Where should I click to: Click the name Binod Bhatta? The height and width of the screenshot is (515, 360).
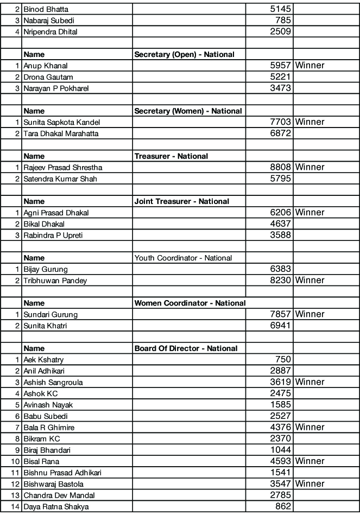(46, 9)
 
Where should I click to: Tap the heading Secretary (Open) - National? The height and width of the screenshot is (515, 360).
(184, 54)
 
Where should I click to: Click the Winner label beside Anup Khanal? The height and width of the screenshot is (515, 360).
(310, 66)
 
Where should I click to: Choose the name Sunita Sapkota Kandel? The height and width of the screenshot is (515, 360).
(61, 122)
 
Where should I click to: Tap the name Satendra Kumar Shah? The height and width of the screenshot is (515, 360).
(60, 179)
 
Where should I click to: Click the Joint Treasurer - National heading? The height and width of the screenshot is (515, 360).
(181, 201)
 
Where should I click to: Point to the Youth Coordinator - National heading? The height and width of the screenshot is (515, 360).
(183, 258)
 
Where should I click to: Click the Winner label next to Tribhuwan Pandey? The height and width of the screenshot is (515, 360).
(310, 281)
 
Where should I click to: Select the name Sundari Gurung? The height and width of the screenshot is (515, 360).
(50, 315)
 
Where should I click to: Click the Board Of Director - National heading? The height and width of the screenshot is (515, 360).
(186, 348)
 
